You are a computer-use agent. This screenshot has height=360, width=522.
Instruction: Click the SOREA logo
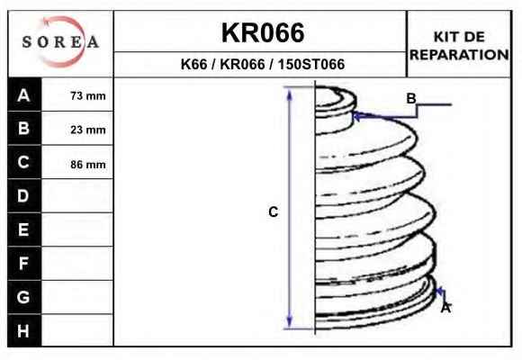60,41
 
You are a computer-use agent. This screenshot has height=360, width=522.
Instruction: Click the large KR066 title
263,32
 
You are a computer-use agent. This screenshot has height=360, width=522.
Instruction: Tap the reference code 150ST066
311,64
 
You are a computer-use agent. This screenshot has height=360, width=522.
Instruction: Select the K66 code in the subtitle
193,64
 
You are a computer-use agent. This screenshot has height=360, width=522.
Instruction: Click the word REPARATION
459,55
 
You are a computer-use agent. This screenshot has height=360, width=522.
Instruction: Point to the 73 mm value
88,96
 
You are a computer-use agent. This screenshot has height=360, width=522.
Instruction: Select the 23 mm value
88,130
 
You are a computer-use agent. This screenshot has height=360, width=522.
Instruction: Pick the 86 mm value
88,164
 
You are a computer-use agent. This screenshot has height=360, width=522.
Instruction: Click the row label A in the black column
23,95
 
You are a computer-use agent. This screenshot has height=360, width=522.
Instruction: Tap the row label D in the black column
23,196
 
